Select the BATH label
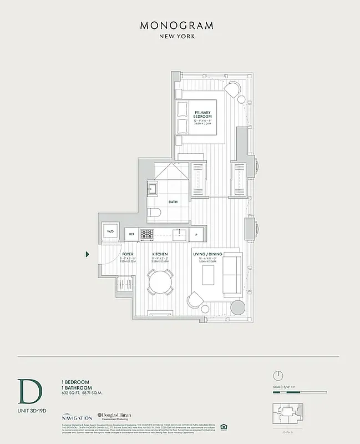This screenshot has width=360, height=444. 173,202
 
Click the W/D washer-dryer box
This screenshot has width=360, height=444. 110,231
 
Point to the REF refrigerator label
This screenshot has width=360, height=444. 131,234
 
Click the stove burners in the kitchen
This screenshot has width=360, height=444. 147,234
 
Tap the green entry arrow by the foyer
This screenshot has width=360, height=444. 88,255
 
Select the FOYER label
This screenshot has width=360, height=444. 128,254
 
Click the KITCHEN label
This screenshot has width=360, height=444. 160,254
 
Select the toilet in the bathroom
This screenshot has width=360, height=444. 154,212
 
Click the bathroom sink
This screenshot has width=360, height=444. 151,190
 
